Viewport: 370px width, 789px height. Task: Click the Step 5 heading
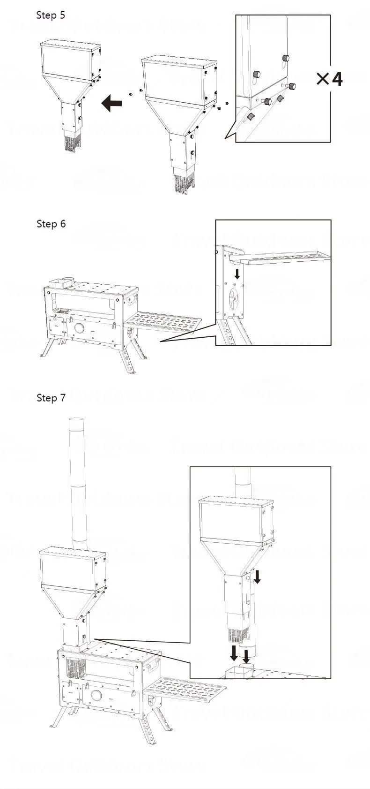click(51, 15)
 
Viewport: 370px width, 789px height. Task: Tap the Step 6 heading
click(51, 224)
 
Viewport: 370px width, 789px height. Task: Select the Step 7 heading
click(51, 398)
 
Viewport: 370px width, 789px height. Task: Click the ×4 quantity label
click(329, 79)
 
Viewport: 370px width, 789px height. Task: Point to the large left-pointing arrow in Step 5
click(112, 103)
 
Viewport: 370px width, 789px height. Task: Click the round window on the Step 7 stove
click(97, 695)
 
